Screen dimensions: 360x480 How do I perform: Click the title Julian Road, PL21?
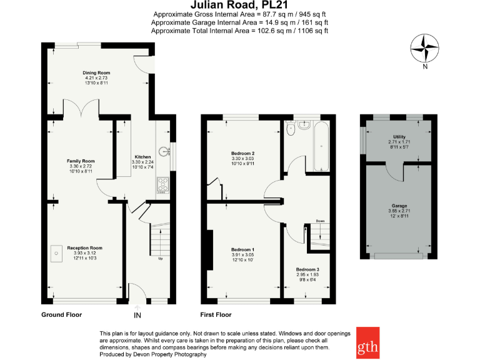coord(239,6)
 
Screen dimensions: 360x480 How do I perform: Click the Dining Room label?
coord(96,72)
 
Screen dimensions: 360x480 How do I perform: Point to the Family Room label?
coord(81,161)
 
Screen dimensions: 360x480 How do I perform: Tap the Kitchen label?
coord(143,157)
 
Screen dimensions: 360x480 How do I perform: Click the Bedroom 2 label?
coord(243,153)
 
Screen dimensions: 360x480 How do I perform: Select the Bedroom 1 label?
coord(243,249)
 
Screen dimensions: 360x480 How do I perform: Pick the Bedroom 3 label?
coord(307,269)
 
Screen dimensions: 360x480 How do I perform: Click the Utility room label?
coord(399,137)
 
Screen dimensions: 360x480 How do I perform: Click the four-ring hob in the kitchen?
coord(164,185)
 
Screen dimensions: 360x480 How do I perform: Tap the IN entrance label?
coord(137,316)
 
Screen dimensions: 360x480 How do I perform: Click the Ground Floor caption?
coord(61,314)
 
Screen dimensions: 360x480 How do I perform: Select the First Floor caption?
coord(216,314)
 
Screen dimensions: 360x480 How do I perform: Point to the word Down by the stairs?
coord(319,221)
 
